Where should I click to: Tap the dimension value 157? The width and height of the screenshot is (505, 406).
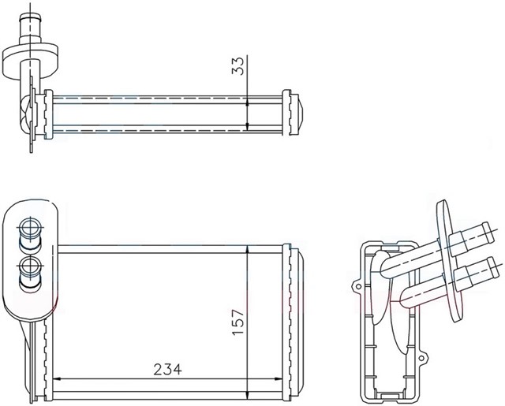coord(238,323)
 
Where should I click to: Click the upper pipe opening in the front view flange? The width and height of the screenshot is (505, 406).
coord(32,229)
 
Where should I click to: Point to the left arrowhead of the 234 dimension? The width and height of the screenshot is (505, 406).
coord(56,379)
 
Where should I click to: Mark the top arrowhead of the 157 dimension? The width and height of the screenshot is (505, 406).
coord(249,250)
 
